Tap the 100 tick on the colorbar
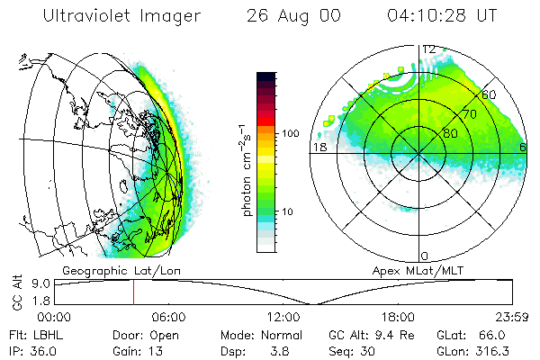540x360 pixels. (291, 133)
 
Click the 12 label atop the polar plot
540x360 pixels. (429, 49)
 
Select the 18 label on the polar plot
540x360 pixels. (319, 146)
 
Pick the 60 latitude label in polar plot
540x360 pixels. (490, 94)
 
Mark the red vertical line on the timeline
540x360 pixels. (133, 292)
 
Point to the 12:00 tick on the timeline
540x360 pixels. (283, 317)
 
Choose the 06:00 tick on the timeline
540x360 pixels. (168, 317)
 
